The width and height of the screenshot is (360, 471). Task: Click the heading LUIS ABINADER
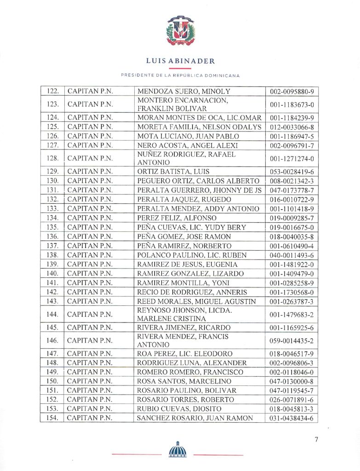tap(180, 61)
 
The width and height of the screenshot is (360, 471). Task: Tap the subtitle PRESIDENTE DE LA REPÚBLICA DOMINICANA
tap(180, 75)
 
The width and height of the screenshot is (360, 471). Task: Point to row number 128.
tap(52, 158)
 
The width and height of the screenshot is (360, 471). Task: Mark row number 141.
tap(52, 283)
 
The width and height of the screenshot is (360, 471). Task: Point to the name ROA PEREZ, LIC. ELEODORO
tap(185, 354)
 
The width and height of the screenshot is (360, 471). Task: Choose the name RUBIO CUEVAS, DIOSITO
tap(179, 408)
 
